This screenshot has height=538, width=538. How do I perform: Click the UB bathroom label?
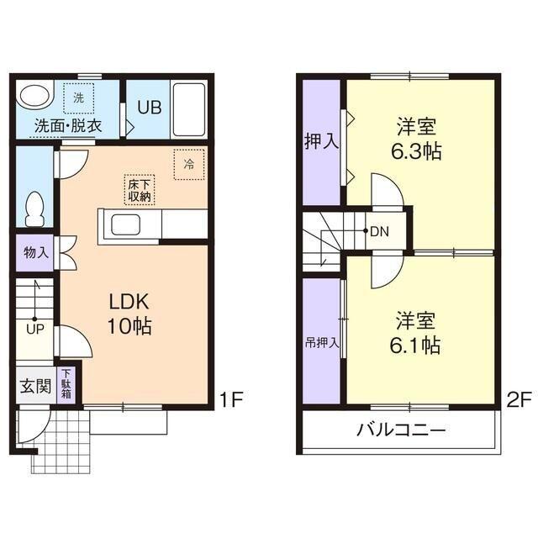pyautogui.click(x=148, y=108)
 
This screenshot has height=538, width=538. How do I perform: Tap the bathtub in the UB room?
pyautogui.click(x=189, y=109)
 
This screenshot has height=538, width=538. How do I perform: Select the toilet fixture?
pyautogui.click(x=34, y=208)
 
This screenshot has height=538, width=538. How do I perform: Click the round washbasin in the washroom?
pyautogui.click(x=34, y=98)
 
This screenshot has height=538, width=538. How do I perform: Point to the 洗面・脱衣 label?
pyautogui.click(x=68, y=126)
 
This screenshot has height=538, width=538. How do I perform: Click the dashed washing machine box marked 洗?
pyautogui.click(x=78, y=98)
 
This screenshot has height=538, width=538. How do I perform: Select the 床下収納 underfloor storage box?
pyautogui.click(x=139, y=189)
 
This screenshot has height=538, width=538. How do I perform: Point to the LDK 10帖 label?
pyautogui.click(x=128, y=314)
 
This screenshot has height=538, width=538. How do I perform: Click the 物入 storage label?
pyautogui.click(x=35, y=252)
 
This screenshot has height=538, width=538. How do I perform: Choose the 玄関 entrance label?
pyautogui.click(x=34, y=387)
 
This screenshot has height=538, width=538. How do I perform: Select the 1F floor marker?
pyautogui.click(x=231, y=398)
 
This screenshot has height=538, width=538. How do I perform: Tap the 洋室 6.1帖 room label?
pyautogui.click(x=418, y=332)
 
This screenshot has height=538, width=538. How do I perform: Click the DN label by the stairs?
pyautogui.click(x=380, y=230)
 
